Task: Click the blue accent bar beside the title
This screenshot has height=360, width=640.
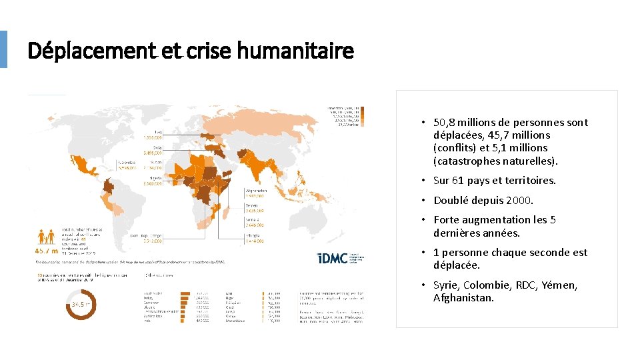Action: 3,49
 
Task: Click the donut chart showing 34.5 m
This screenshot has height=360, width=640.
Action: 78,305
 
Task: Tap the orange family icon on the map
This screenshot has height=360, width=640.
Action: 47,237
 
